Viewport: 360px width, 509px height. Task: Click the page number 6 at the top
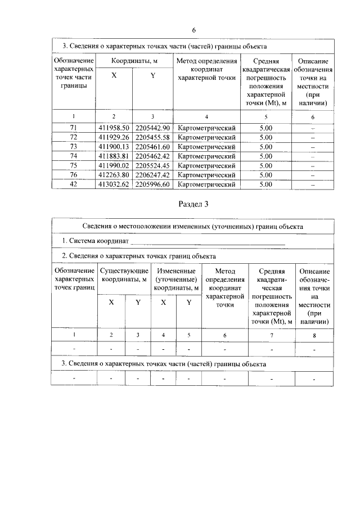[x=193, y=30]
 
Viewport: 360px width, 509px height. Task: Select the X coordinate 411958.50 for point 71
[x=114, y=128]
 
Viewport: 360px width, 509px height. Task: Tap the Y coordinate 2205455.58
[x=153, y=137]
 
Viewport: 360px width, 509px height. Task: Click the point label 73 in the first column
[x=73, y=147]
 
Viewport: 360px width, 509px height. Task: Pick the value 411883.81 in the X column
[x=114, y=156]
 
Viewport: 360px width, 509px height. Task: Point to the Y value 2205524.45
[x=153, y=165]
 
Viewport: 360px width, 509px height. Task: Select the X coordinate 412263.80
[x=114, y=174]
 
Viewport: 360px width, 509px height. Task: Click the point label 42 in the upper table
[x=73, y=184]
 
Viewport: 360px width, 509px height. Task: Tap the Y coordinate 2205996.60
[x=153, y=184]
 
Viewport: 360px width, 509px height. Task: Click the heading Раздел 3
[x=192, y=204]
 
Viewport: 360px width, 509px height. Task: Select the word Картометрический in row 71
[x=206, y=128]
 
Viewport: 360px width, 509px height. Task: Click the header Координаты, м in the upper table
[x=134, y=60]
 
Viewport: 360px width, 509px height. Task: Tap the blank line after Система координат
[x=208, y=241]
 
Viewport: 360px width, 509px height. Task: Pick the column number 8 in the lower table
[x=314, y=335]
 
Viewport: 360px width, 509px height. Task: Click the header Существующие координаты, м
[x=124, y=275]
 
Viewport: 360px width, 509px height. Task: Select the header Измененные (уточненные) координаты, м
[x=176, y=279]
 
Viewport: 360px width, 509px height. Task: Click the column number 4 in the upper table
[x=206, y=116]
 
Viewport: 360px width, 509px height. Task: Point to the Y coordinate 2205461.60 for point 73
[x=153, y=147]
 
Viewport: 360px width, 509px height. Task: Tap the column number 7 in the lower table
[x=271, y=335]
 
